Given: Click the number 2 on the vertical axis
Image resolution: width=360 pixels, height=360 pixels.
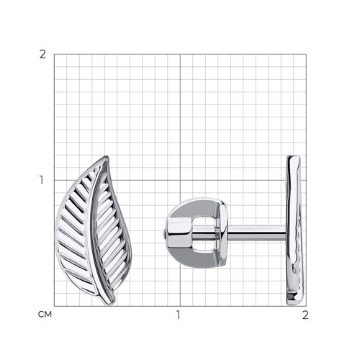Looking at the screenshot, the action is tap(42, 55).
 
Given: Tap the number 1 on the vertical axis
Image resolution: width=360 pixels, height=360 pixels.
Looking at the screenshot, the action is tap(42, 180).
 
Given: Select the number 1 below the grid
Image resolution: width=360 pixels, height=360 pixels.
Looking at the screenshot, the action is tap(178, 315).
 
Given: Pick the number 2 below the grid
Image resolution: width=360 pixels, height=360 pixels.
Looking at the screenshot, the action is tap(305, 315).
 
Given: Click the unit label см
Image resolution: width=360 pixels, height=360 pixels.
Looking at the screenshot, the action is tap(45, 315).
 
